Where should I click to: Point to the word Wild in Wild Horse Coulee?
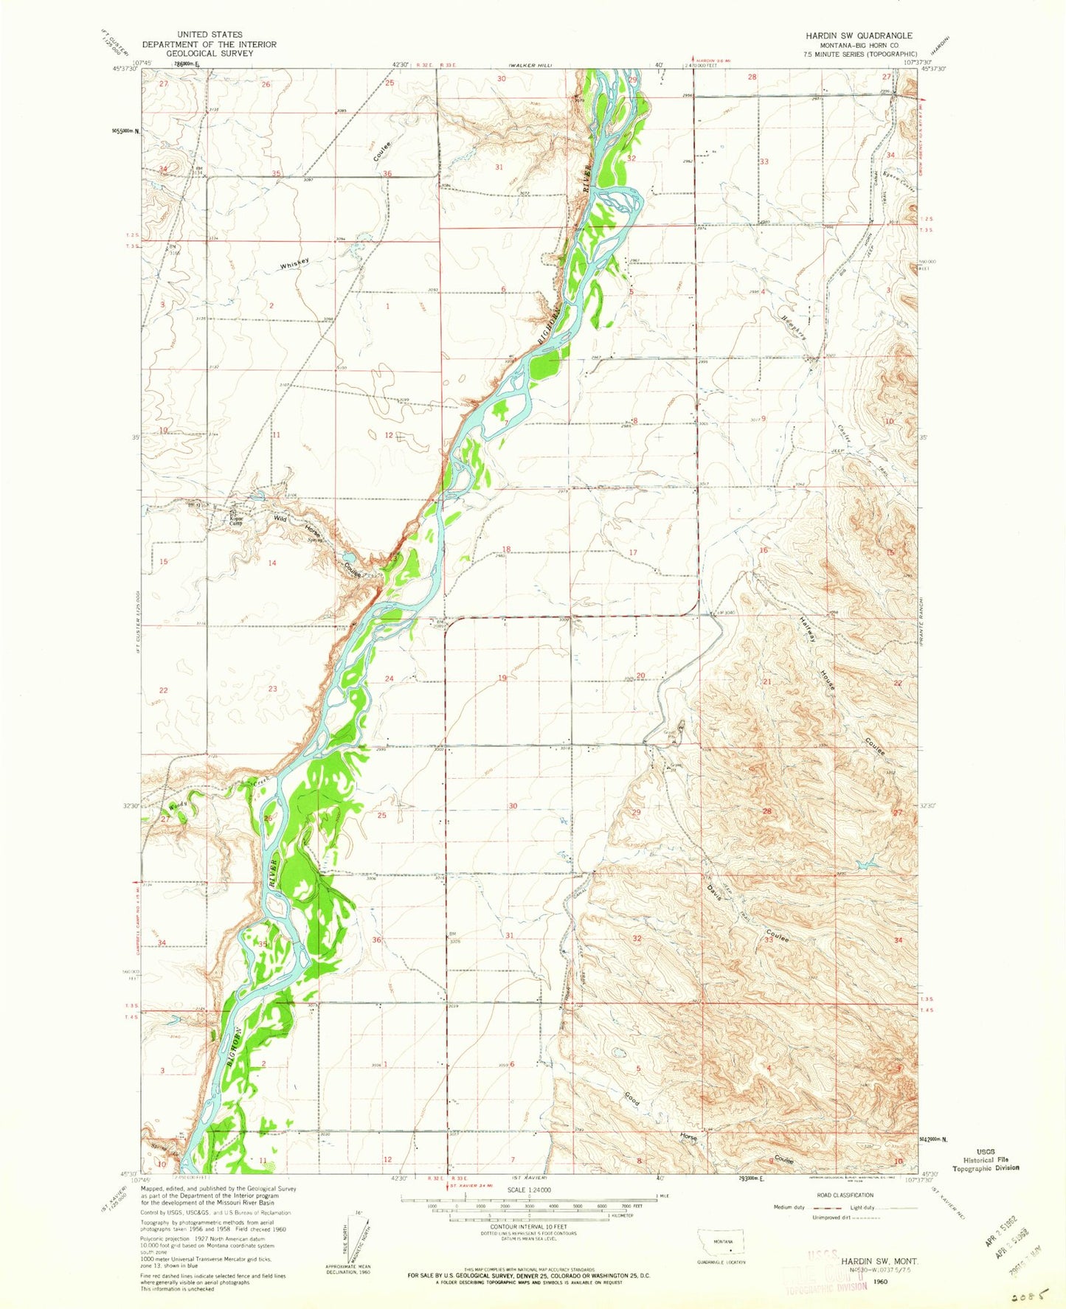coord(280,518)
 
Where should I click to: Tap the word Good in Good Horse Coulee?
coord(632,1098)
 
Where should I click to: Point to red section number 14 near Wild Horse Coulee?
coord(271,563)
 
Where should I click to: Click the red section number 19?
coord(502,678)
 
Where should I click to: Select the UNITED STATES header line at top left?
coord(212,35)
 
